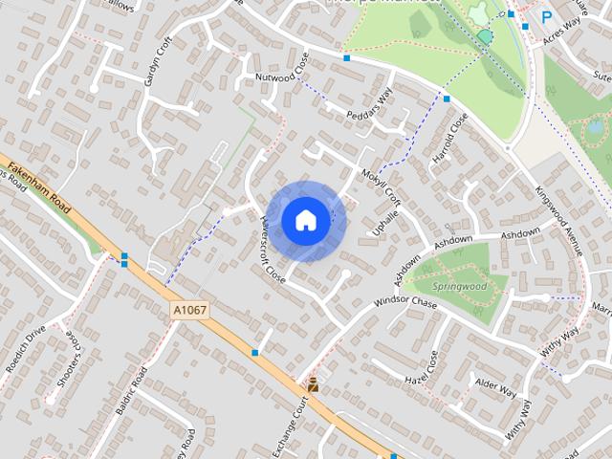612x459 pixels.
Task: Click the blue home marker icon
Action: [x=305, y=220]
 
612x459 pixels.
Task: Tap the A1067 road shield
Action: [x=190, y=311]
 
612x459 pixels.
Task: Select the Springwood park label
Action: [x=458, y=285]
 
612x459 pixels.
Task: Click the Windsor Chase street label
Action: [x=405, y=303]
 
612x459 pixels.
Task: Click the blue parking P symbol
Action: [x=547, y=16]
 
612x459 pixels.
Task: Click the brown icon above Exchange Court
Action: [x=313, y=384]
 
